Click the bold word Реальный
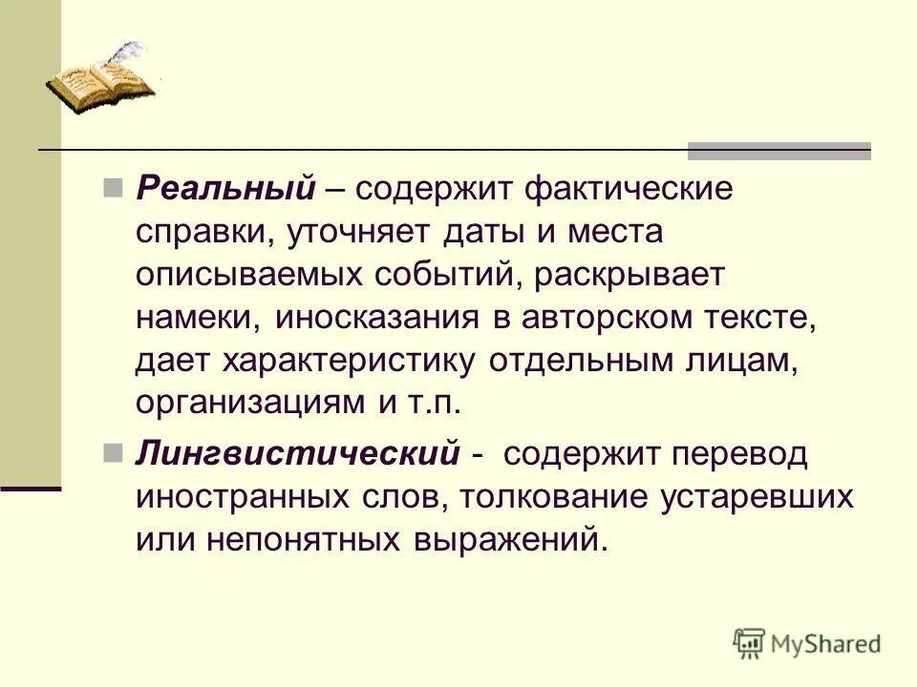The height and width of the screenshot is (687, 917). (x=225, y=189)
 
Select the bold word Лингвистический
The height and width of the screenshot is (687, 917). (x=297, y=454)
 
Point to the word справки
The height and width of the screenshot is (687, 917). (x=196, y=233)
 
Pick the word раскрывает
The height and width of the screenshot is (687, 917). (x=630, y=275)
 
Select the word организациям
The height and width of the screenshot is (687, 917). (x=245, y=404)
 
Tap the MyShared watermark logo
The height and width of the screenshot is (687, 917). (x=807, y=644)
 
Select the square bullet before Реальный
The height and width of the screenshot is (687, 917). (x=112, y=184)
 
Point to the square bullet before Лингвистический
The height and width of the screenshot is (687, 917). (x=112, y=449)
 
